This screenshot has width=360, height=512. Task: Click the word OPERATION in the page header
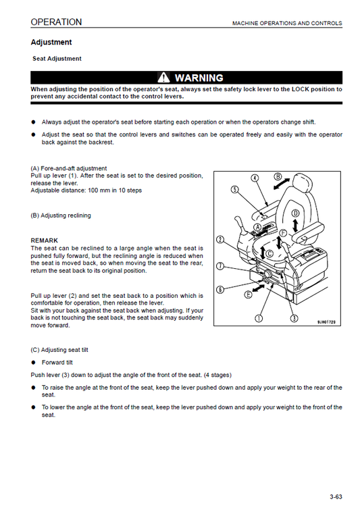[56, 22]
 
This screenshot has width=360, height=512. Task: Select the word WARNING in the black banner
[199, 78]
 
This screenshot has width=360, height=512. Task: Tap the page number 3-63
[336, 497]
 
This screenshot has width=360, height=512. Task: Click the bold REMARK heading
[45, 240]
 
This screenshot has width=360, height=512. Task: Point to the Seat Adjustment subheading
[57, 59]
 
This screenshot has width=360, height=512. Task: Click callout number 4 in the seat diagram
[255, 178]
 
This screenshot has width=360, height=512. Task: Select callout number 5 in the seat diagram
[234, 190]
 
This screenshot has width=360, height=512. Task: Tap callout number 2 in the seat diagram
[220, 240]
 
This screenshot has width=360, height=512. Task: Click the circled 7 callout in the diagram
[220, 265]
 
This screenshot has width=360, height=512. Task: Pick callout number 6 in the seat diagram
[220, 290]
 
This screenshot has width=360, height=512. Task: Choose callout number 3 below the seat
[294, 317]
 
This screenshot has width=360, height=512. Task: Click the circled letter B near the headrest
[278, 178]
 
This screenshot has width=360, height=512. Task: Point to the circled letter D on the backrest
[295, 213]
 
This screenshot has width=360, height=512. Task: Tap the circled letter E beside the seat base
[249, 295]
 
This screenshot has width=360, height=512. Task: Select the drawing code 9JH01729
[327, 322]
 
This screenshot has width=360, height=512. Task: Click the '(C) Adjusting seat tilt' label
[59, 350]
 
